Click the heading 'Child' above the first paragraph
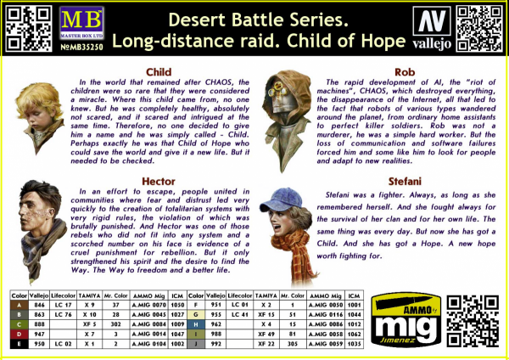click(159, 71)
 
